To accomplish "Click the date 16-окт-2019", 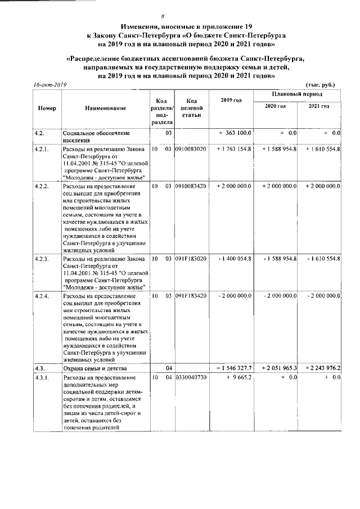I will point(49,85).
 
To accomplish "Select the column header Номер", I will point(47,107).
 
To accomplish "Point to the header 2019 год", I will point(232,100).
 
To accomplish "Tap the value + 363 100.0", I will point(235,133).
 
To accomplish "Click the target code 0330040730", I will point(191,377).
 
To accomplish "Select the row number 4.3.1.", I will point(42,377).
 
